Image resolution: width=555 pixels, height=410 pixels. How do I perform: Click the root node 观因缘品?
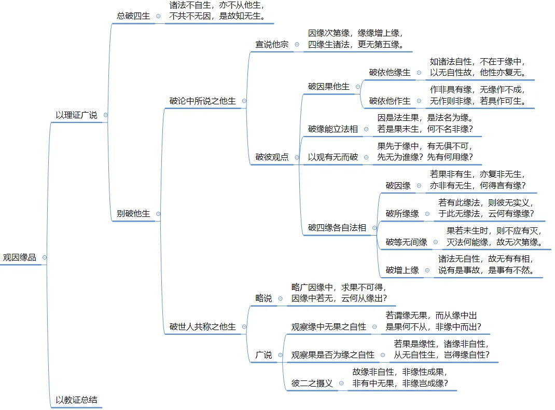(20, 257)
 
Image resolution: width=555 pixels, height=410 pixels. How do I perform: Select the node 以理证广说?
(76, 115)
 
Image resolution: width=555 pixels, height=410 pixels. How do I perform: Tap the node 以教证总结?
(76, 400)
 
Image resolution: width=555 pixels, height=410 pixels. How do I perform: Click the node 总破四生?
(133, 16)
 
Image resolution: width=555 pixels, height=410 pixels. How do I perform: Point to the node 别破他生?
(133, 213)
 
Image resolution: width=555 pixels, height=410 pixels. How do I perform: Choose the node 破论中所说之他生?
(202, 101)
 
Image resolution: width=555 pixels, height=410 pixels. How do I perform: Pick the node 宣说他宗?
(272, 45)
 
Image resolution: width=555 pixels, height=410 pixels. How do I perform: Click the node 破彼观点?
(272, 157)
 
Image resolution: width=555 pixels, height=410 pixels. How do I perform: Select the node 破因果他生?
(329, 87)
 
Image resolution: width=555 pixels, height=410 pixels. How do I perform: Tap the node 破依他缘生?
(390, 73)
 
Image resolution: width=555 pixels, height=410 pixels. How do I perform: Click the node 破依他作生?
(390, 101)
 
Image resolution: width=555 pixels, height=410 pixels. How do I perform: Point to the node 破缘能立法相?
(332, 129)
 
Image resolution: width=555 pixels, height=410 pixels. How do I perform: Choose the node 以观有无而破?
(332, 157)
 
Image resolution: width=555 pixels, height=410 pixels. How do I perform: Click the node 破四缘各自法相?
(337, 227)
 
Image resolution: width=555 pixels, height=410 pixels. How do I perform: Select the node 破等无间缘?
(406, 242)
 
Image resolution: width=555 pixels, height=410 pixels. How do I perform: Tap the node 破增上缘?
(402, 270)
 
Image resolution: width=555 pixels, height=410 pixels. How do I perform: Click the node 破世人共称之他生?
(202, 327)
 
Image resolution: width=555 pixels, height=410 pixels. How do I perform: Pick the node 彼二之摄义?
(312, 384)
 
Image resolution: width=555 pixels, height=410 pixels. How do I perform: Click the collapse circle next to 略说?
(281, 298)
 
